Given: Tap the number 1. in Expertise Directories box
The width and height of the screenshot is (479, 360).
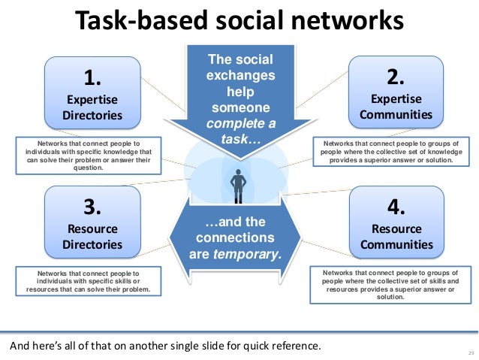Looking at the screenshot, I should coord(93,78).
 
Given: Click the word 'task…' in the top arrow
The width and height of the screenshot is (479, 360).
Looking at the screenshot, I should coord(239,140).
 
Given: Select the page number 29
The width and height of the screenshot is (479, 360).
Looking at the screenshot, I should coord(471,353).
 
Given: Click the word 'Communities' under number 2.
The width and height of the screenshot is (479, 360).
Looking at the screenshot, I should coord(396,115).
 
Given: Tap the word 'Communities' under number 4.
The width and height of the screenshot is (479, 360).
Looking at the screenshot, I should coord(396,244).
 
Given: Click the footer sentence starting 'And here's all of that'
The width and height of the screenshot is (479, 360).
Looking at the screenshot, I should coord(164,346).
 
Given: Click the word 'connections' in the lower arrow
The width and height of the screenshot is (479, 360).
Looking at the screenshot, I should coord(239,237).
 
